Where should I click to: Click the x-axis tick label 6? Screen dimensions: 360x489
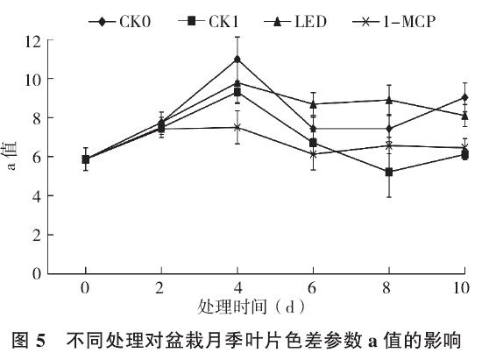pyautogui.click(x=313, y=288)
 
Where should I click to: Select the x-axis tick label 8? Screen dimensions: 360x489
pyautogui.click(x=389, y=288)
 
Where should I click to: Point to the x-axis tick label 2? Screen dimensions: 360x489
pyautogui.click(x=161, y=288)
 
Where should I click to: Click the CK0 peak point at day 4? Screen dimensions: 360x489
pyautogui.click(x=237, y=60)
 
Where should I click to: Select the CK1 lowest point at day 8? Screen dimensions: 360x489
pyautogui.click(x=389, y=172)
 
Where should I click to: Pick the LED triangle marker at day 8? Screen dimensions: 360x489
pyautogui.click(x=389, y=100)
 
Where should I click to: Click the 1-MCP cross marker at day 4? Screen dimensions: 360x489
pyautogui.click(x=237, y=127)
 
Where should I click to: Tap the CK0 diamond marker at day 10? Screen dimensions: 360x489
pyautogui.click(x=464, y=97)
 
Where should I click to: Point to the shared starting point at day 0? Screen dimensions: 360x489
pyautogui.click(x=85, y=159)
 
